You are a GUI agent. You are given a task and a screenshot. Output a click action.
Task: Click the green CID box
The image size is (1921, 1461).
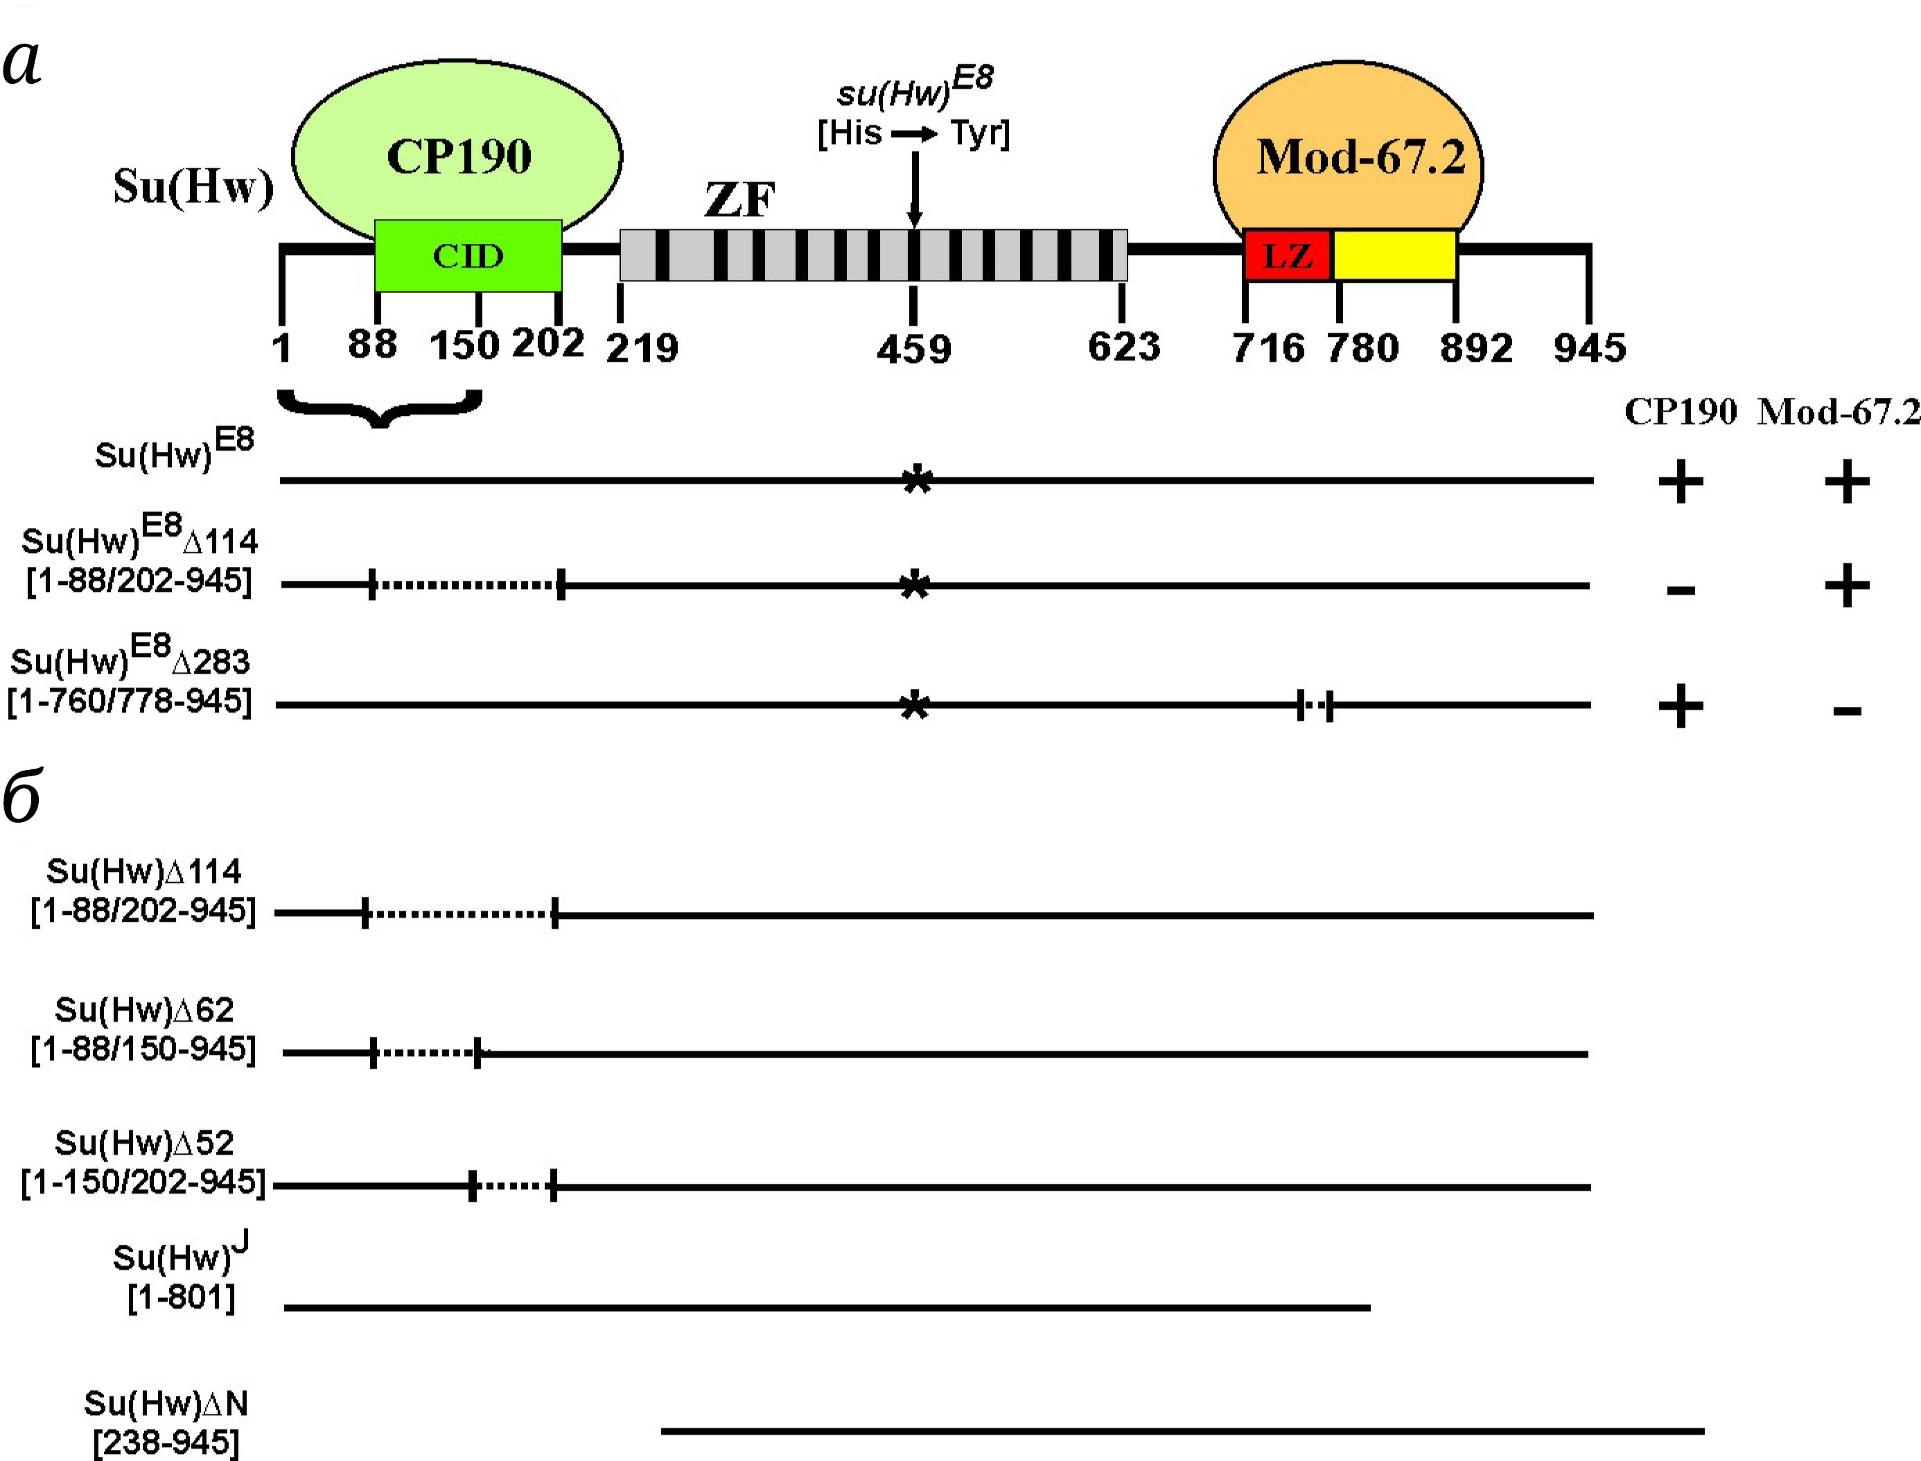click(x=468, y=256)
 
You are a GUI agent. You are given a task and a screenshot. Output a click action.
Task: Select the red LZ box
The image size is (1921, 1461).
click(x=1287, y=256)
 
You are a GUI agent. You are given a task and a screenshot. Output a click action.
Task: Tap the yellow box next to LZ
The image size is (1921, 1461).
click(x=1395, y=256)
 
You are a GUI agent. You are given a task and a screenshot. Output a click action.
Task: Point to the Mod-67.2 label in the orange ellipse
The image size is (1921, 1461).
click(x=1360, y=157)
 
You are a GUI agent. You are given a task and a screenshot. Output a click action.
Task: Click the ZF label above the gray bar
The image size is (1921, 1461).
click(x=739, y=200)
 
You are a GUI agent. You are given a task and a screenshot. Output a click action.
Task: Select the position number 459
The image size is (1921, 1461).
click(x=913, y=349)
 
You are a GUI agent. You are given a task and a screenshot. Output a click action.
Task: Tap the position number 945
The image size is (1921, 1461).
click(x=1590, y=348)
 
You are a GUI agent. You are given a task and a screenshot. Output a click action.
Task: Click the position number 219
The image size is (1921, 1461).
click(x=642, y=349)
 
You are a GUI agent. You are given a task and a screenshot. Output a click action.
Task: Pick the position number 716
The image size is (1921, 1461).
click(x=1268, y=348)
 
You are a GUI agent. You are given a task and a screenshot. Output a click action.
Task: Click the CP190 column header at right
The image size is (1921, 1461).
click(x=1680, y=412)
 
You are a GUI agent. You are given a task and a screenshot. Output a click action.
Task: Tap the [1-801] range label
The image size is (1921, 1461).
click(x=181, y=1297)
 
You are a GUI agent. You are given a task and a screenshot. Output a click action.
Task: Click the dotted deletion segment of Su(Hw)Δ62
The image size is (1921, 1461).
click(x=426, y=1053)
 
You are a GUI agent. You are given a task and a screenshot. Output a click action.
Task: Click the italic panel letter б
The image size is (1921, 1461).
click(x=21, y=798)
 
